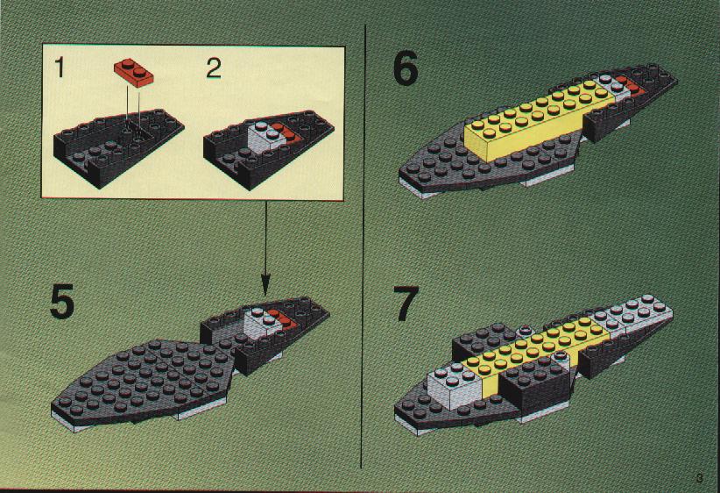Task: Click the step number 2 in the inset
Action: tap(214, 69)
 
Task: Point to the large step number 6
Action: tap(406, 68)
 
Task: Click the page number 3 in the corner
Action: tap(698, 478)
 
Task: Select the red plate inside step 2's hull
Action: tap(284, 133)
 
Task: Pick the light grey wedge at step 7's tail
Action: tap(631, 329)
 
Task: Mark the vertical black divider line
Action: tap(364, 246)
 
